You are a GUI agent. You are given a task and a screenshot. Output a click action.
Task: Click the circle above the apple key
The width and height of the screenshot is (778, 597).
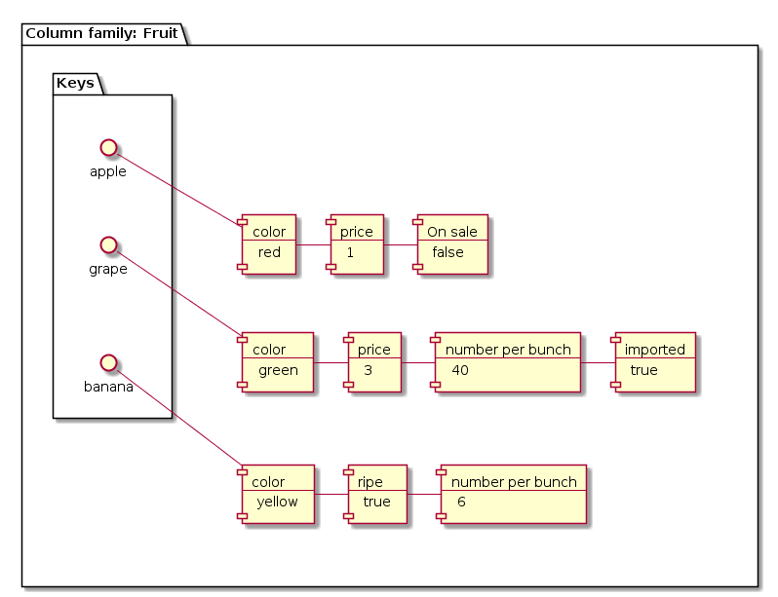click(109, 147)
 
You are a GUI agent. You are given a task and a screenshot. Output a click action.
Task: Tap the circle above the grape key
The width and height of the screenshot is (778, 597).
click(109, 243)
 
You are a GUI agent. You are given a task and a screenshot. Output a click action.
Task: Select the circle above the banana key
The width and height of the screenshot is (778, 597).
click(109, 362)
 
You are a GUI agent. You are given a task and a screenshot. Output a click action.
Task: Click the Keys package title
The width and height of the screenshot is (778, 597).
click(75, 83)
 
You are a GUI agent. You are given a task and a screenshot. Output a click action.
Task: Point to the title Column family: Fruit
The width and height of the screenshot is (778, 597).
click(101, 33)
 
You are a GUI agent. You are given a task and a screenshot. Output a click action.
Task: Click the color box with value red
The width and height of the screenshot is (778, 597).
click(269, 243)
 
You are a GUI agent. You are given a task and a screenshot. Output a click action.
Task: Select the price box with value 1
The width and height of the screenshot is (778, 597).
click(357, 243)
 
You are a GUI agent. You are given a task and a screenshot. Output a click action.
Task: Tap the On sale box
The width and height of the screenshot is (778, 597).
click(451, 243)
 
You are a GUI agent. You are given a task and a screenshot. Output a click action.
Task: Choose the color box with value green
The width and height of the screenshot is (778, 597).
click(278, 361)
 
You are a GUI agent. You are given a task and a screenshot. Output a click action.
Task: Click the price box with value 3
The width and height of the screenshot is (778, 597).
click(373, 361)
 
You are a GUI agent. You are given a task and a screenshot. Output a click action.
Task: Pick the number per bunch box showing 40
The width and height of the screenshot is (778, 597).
click(508, 361)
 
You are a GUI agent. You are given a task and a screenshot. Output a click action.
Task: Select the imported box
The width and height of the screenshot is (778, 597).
click(654, 361)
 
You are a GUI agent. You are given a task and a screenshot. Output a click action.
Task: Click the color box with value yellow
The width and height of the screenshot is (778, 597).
click(278, 494)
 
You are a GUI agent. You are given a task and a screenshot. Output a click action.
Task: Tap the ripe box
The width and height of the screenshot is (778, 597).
click(376, 494)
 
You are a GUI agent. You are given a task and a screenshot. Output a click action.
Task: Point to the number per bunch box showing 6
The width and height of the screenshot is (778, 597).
click(514, 494)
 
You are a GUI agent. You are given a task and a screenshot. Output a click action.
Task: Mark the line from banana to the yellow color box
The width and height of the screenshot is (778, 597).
click(180, 419)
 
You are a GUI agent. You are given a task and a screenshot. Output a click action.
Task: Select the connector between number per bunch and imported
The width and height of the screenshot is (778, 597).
click(598, 362)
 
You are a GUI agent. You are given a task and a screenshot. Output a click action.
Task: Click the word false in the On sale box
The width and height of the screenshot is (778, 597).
click(447, 253)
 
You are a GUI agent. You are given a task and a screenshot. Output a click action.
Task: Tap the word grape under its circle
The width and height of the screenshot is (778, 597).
click(108, 270)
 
